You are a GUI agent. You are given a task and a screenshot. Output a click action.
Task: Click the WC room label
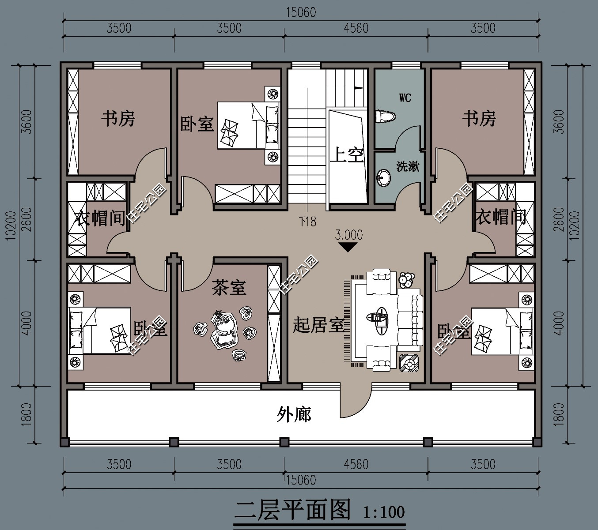tap(405, 98)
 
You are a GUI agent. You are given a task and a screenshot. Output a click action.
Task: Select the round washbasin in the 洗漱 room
tap(383, 178)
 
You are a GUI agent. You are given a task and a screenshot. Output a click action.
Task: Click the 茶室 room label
tap(228, 288)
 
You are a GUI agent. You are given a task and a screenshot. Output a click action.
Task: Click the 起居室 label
tap(318, 325)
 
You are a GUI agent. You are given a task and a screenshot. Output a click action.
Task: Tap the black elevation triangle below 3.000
tap(348, 247)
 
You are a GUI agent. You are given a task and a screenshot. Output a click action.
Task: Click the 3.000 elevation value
tap(348, 235)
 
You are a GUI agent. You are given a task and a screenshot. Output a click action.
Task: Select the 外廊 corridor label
tap(294, 414)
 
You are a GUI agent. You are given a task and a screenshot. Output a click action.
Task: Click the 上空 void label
tap(347, 155)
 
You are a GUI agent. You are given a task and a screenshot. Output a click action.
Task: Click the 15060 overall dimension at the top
tap(301, 12)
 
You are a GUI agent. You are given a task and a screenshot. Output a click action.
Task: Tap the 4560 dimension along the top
tap(356, 28)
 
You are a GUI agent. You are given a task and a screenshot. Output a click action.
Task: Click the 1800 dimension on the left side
tap(26, 414)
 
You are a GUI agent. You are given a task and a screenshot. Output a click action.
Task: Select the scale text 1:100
tap(383, 512)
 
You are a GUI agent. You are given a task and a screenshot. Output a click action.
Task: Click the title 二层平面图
tap(293, 510)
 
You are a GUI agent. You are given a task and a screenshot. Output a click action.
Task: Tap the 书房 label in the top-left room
tap(118, 118)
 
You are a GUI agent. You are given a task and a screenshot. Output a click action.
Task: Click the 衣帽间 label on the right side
tap(500, 217)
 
